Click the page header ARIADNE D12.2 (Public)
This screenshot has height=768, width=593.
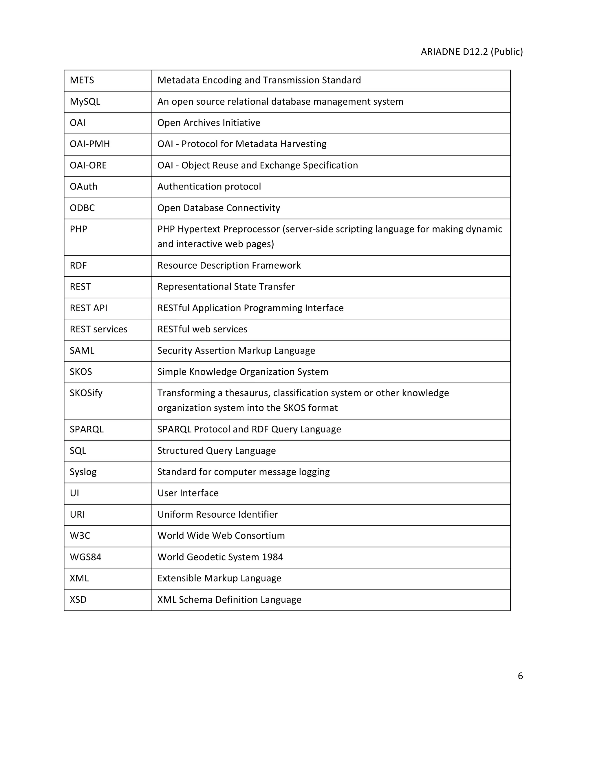471,52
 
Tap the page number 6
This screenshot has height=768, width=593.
520,676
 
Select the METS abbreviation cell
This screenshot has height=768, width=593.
82,80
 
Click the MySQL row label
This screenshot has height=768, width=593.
85,102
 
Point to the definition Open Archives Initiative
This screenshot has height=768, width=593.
209,123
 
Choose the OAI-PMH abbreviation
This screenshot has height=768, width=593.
89,144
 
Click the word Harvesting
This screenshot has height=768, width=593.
303,144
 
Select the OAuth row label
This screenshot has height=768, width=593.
83,187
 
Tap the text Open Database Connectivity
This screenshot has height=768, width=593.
219,208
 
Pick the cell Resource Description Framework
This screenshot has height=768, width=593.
229,265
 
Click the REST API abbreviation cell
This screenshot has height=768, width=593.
88,308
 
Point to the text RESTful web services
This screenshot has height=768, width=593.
202,330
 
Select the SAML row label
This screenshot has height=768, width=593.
82,351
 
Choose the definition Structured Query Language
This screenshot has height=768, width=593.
216,451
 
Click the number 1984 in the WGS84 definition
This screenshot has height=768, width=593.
272,557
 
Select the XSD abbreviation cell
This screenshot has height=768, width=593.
78,600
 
